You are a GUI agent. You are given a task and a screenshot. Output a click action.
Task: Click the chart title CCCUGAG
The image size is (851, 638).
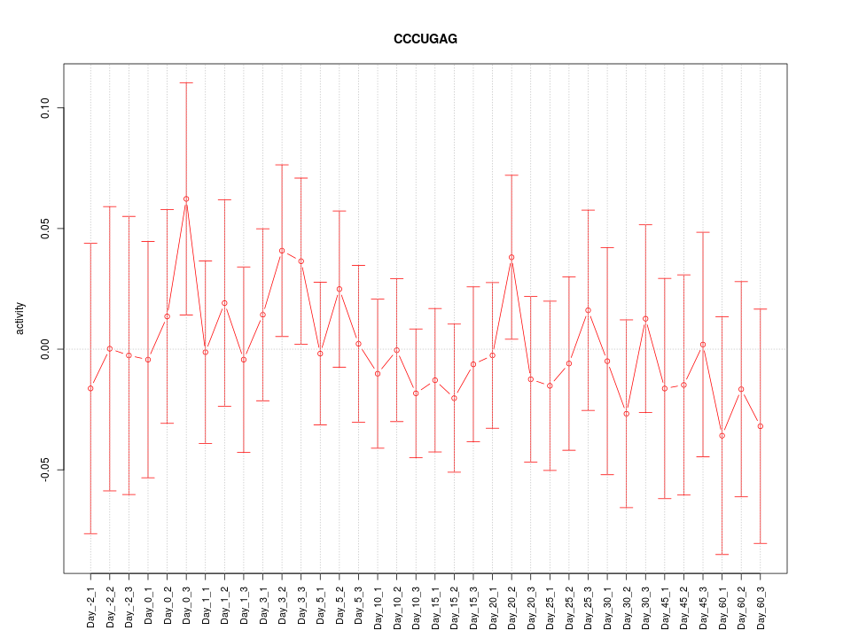[425, 40]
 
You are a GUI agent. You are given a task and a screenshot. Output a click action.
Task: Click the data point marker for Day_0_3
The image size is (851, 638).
[186, 199]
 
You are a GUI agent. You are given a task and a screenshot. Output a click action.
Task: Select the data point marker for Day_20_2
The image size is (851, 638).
[511, 257]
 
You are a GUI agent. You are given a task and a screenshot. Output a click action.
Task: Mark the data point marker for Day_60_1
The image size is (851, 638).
[722, 436]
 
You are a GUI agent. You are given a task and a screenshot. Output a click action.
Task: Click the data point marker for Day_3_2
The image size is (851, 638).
[282, 251]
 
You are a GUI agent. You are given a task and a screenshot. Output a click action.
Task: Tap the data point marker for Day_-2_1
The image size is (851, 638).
[90, 388]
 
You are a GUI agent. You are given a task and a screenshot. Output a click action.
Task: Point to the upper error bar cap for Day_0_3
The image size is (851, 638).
[186, 82]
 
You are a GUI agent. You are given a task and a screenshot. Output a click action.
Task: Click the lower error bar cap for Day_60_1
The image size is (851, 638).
[722, 554]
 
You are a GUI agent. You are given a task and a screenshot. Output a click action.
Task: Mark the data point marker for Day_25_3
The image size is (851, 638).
[588, 310]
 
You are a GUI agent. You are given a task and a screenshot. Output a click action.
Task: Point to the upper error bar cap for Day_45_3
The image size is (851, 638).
[703, 232]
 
